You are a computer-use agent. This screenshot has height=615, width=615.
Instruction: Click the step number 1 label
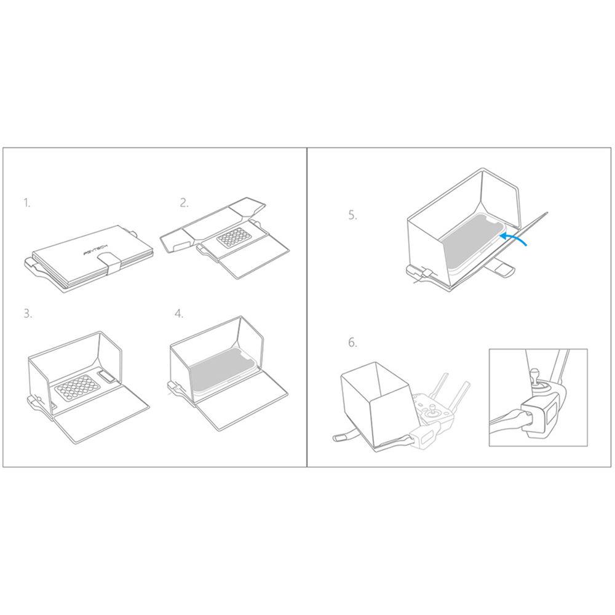[x=26, y=203]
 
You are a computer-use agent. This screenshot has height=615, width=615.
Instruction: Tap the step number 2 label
[x=184, y=203]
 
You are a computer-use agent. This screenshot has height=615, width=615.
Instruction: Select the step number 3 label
[x=28, y=314]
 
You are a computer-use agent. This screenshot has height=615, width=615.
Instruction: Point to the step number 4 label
[x=178, y=314]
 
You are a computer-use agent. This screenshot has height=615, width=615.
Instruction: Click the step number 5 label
[x=352, y=215]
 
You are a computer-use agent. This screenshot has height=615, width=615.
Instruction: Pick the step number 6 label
[x=352, y=343]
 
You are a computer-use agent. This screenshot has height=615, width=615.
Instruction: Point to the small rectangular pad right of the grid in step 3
[x=106, y=375]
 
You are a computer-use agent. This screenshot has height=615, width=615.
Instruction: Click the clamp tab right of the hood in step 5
[x=506, y=269]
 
